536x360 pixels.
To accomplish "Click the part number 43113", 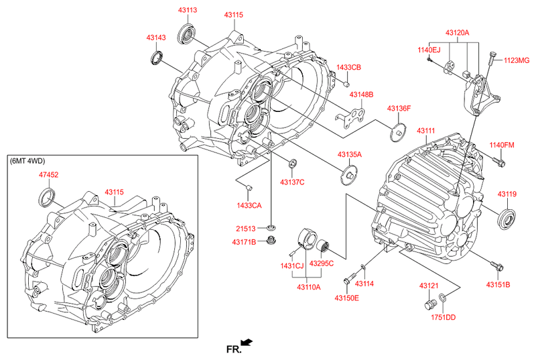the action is click(x=188, y=10).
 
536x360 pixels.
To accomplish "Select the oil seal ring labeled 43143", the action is click(x=157, y=57).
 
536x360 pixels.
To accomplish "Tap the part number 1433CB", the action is click(x=348, y=67).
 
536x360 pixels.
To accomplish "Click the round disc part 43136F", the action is click(x=398, y=132).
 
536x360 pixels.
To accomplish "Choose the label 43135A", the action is click(x=349, y=155).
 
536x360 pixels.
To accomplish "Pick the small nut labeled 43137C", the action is click(x=293, y=164).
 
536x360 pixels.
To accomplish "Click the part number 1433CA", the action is click(x=249, y=205).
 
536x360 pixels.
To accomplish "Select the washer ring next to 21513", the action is click(x=271, y=228).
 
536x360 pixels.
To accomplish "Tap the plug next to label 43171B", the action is click(x=271, y=240).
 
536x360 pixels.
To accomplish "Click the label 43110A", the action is click(x=309, y=287).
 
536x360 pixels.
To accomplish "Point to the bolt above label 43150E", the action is click(x=350, y=277).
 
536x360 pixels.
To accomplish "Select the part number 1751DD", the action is click(x=443, y=317).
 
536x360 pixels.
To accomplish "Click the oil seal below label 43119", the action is click(x=507, y=219).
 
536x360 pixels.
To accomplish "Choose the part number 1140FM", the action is click(x=501, y=145).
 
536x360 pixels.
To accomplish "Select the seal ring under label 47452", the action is click(x=46, y=197).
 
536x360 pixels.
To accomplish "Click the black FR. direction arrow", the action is click(x=247, y=342).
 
